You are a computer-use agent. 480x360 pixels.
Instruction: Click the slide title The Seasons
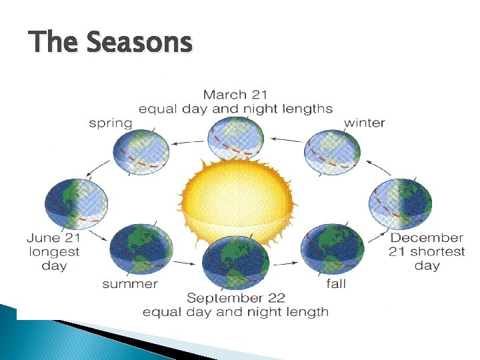coord(111,43)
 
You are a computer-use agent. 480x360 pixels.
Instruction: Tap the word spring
coord(111,123)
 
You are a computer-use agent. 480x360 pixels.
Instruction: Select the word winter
coord(364,123)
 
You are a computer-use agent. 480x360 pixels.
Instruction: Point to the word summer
coord(130,284)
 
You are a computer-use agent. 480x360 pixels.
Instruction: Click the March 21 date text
coord(235,95)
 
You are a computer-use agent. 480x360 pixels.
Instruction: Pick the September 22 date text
coord(235,297)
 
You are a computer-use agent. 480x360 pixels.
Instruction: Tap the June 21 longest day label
coord(54,251)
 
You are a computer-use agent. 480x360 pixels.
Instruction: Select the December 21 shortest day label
coord(427,251)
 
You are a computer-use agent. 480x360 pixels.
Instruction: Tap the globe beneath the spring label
coord(141,151)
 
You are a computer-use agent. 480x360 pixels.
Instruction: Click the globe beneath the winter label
coord(332,151)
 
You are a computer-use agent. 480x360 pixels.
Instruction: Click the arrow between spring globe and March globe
coord(189,141)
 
